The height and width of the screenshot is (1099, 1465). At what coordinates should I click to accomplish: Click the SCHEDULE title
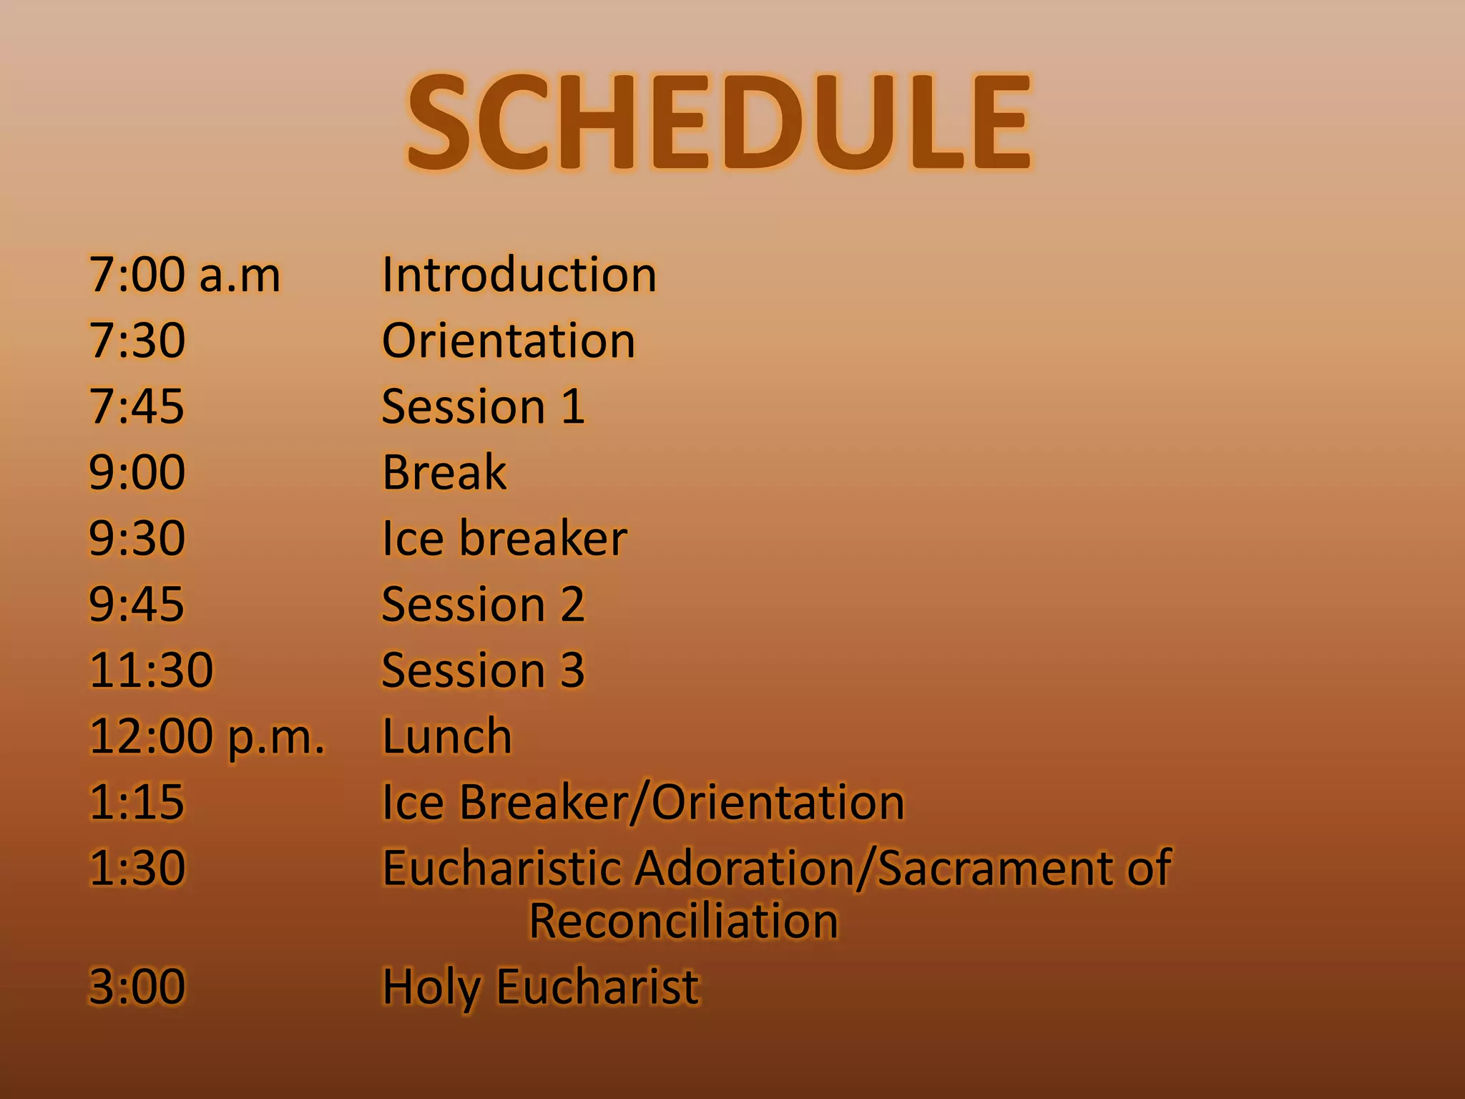click(718, 123)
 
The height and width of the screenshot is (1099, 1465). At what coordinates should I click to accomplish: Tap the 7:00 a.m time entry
click(185, 275)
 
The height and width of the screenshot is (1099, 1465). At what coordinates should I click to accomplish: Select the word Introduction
click(519, 275)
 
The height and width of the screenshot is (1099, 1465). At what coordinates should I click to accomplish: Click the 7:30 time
click(137, 341)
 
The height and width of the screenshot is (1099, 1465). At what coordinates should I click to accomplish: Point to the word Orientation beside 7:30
click(508, 341)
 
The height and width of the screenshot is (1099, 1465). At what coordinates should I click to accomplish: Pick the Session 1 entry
click(483, 406)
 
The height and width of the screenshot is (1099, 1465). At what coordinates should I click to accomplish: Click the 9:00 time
click(137, 472)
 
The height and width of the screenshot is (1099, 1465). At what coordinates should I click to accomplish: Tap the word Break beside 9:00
click(444, 472)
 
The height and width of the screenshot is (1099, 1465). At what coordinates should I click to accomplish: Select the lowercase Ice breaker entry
click(504, 538)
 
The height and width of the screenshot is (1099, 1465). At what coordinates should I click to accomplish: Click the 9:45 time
click(137, 604)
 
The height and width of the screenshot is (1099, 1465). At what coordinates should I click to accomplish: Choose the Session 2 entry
click(483, 604)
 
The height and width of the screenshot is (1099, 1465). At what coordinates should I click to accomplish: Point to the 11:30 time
click(151, 670)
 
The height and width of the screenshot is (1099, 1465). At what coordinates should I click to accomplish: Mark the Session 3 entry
click(483, 670)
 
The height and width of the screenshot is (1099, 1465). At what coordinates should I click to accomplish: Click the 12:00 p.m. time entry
click(207, 736)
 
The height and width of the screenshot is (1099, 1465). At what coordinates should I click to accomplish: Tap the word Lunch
click(447, 736)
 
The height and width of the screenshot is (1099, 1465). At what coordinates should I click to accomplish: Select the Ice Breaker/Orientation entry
click(642, 802)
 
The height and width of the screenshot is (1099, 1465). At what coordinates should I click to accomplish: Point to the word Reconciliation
click(683, 921)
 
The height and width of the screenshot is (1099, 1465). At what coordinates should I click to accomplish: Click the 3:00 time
click(137, 987)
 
